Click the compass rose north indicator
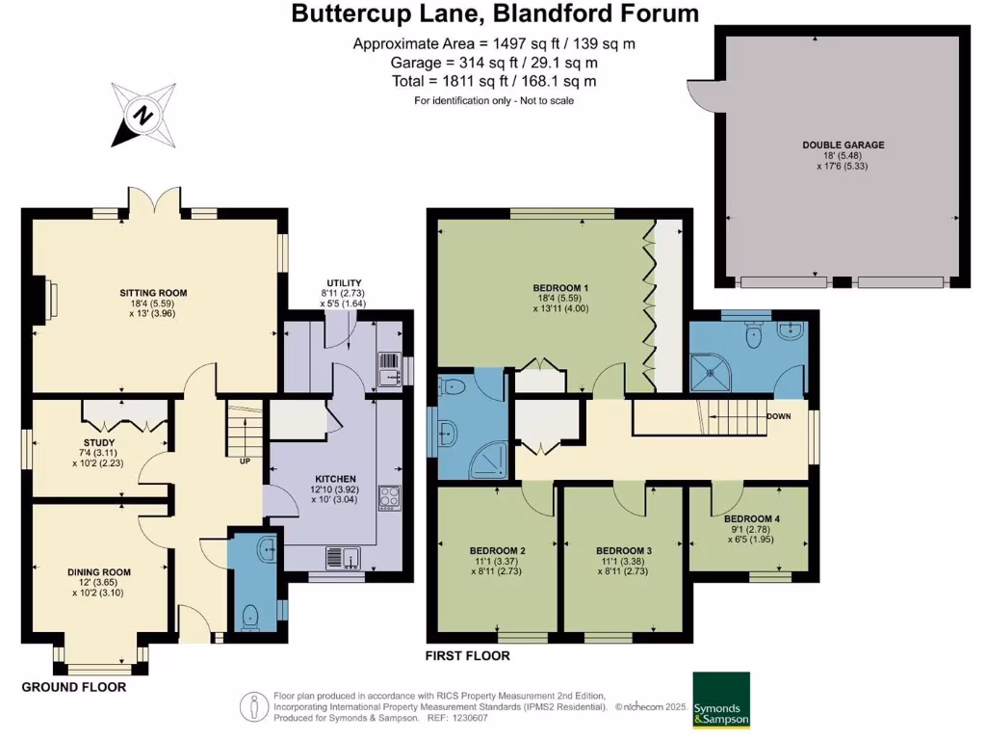click(143, 116)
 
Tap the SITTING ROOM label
click(153, 293)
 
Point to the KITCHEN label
click(336, 479)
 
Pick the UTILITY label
click(344, 281)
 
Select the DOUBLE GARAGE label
click(843, 145)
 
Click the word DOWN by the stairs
click(779, 416)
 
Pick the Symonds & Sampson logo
click(721, 700)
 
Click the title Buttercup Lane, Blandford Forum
click(495, 14)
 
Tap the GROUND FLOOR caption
click(74, 687)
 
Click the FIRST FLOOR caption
click(468, 656)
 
